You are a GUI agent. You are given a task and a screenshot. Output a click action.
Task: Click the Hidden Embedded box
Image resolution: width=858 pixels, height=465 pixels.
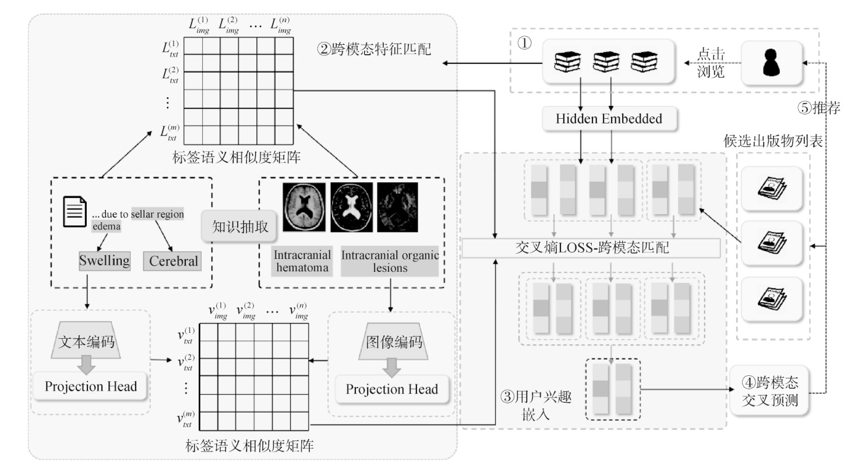coord(609,119)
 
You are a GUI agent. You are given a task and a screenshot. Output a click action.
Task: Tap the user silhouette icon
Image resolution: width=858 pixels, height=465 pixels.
coord(771,63)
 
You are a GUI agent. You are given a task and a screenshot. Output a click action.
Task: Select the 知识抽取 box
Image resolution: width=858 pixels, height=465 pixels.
coord(239,226)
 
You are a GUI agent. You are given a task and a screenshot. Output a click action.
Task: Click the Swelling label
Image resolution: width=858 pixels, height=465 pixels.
coord(105,261)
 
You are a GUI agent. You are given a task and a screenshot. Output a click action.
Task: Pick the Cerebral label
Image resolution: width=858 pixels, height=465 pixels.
coord(173,261)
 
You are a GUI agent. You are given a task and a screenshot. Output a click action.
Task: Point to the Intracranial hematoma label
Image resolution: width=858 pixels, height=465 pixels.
coord(302,261)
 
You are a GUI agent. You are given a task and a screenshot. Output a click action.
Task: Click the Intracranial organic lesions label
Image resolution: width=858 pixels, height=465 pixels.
coord(390,261)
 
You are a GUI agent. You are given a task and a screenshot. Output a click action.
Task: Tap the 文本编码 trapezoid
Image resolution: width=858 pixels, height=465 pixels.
coord(86,340)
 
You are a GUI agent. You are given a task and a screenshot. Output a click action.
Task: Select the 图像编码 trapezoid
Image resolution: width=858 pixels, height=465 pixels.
coord(393,342)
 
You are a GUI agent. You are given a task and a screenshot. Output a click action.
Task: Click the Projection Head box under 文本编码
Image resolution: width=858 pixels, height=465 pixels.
coord(90,386)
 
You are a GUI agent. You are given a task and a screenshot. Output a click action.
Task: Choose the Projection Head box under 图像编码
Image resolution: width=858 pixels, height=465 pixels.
coord(392,389)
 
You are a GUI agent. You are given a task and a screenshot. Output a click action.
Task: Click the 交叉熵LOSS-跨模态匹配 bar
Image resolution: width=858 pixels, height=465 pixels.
coord(591,248)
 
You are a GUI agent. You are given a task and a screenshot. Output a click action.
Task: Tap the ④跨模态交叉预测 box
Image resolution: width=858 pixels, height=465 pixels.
coord(769,391)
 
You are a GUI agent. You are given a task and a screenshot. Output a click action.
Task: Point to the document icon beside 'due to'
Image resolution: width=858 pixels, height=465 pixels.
coord(75,212)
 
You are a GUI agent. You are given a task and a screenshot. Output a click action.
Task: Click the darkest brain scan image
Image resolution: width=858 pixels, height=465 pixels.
coord(398,207)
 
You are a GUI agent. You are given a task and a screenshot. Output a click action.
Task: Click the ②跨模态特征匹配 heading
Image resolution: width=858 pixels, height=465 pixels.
coord(374,49)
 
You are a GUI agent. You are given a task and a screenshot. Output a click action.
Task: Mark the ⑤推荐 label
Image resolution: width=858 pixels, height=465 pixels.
coord(819,108)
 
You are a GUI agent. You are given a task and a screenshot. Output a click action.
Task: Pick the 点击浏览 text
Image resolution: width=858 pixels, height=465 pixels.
coord(711,63)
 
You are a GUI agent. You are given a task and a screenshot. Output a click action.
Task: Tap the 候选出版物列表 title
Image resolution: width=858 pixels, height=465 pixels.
coord(773,141)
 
